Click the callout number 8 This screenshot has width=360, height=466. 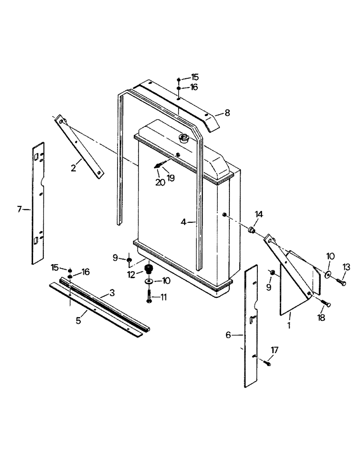click(x=227, y=112)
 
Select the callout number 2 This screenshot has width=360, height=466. click(x=74, y=168)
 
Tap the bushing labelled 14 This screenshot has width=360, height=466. click(x=251, y=229)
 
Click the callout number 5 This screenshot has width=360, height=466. click(x=78, y=321)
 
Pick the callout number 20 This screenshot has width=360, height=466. click(x=160, y=183)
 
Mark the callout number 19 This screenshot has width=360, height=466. click(x=171, y=178)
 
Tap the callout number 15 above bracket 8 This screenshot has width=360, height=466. click(x=194, y=77)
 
